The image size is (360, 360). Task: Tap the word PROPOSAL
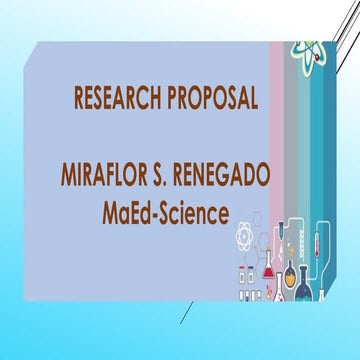[x=208, y=98]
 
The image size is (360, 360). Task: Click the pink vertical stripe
[x=273, y=130]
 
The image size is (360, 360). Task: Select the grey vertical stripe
[x=291, y=130]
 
